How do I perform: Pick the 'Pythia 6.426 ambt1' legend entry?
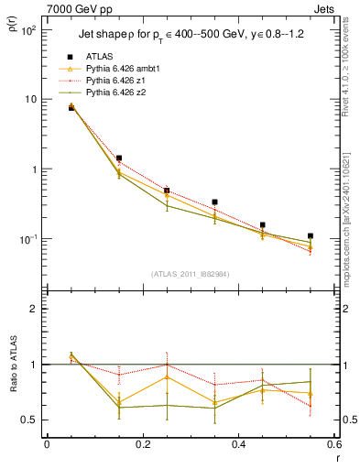(125, 69)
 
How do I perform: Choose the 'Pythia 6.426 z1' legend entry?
(118, 81)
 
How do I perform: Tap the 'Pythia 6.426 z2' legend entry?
(118, 93)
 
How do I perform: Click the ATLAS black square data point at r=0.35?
(214, 202)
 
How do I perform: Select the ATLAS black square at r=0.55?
(311, 236)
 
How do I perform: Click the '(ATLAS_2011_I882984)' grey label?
(191, 274)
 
